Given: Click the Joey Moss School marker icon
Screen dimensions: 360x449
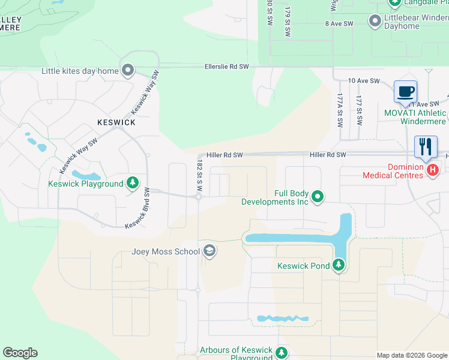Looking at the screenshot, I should [x=209, y=251].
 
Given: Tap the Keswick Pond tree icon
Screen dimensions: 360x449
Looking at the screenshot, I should [x=339, y=265].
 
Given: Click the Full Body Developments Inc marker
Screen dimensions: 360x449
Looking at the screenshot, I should [x=318, y=196].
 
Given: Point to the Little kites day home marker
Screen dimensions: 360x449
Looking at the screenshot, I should [x=127, y=71].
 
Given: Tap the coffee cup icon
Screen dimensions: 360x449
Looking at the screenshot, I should [x=405, y=92].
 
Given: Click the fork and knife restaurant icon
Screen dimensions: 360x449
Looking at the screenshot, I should [x=426, y=146].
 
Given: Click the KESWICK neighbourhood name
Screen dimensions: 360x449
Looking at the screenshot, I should [x=116, y=122].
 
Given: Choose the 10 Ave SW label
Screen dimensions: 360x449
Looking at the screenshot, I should [x=364, y=80].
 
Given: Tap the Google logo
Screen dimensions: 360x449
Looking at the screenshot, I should [x=20, y=353].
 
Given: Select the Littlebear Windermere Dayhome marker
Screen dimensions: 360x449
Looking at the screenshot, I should [x=375, y=22].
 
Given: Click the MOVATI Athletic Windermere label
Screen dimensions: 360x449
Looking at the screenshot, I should [x=415, y=117].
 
